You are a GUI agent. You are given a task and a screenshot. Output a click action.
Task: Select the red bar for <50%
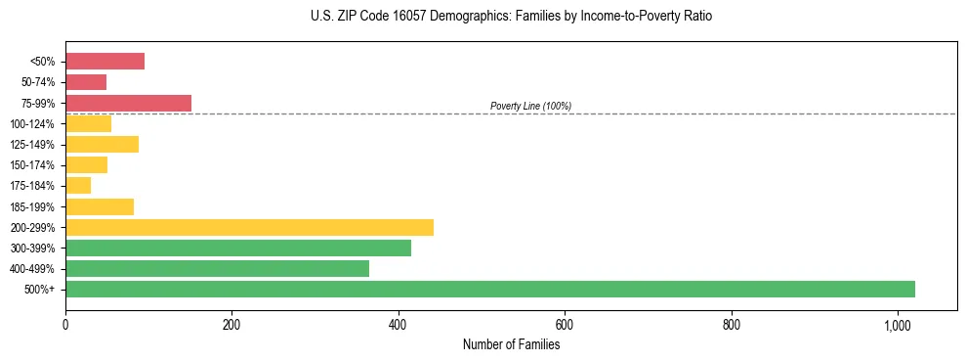tap(105, 62)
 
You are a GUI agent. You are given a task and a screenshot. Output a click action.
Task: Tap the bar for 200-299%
tap(249, 227)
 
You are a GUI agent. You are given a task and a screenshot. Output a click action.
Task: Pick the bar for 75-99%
tap(128, 103)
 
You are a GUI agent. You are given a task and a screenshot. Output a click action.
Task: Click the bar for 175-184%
tap(78, 186)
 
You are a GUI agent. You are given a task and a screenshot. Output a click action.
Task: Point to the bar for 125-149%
tap(102, 145)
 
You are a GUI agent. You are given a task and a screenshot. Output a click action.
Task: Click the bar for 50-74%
tap(86, 82)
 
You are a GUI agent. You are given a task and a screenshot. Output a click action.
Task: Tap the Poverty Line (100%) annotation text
tap(530, 106)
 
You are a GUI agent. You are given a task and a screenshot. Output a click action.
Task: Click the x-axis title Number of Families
tap(511, 344)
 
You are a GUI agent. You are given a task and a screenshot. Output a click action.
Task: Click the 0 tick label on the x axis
tap(65, 325)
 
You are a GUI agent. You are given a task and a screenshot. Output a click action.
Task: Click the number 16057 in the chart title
tap(397, 17)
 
